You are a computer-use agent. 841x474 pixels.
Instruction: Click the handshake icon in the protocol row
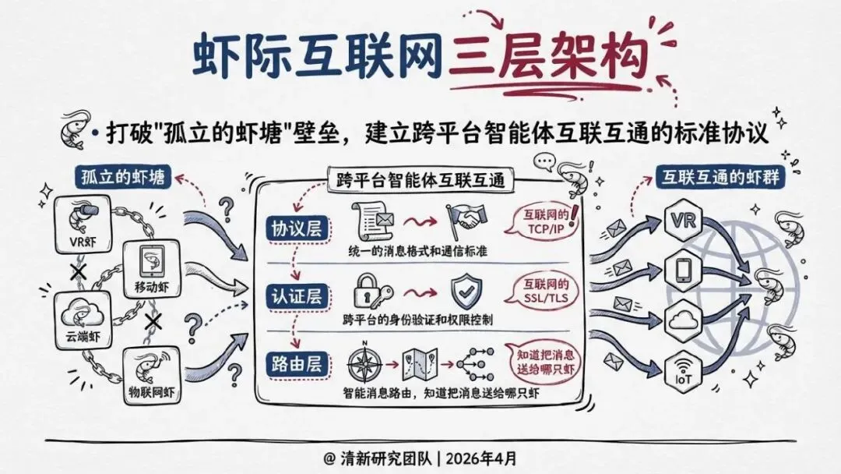coord(464,220)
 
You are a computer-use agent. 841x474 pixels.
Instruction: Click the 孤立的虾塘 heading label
coord(123,177)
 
